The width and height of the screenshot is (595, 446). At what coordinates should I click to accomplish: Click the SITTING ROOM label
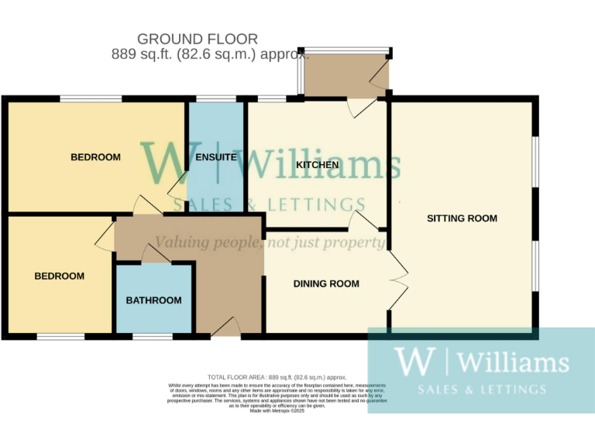[462, 218]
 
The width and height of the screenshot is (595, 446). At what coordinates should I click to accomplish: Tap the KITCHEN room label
[317, 165]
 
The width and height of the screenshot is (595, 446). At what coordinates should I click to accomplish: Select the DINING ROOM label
[326, 284]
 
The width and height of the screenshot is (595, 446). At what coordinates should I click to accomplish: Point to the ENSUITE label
[216, 157]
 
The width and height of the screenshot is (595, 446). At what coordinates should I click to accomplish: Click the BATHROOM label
[154, 300]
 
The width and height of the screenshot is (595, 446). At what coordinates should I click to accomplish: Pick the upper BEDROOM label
[95, 157]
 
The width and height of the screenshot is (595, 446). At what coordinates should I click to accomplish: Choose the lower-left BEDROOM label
[60, 276]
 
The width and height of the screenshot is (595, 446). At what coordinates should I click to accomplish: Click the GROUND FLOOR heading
[197, 39]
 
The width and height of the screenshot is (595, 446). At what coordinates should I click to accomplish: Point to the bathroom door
[156, 255]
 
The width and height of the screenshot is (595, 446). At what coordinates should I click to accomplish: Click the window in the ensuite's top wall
[216, 98]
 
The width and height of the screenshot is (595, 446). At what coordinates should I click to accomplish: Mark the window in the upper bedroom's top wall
[91, 98]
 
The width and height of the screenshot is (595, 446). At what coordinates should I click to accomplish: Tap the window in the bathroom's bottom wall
[153, 337]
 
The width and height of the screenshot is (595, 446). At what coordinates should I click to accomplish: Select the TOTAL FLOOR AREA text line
[277, 376]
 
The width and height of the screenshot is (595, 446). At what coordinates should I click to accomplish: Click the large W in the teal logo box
[411, 362]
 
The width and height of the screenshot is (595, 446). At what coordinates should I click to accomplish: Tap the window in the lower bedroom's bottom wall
[60, 337]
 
